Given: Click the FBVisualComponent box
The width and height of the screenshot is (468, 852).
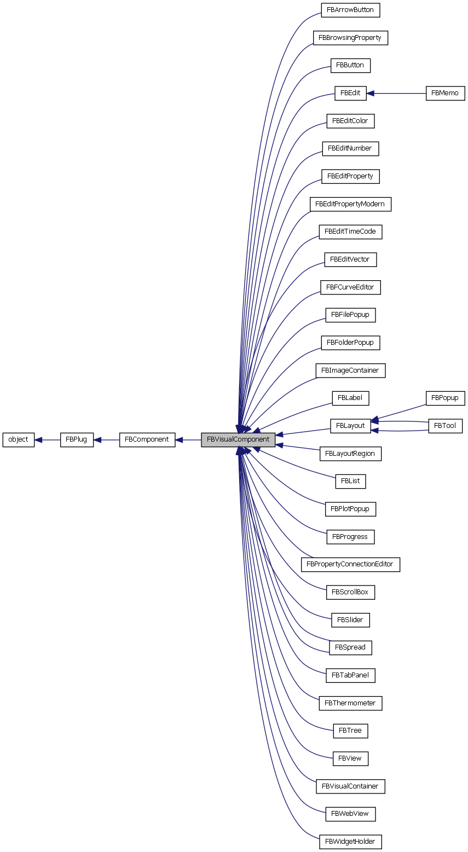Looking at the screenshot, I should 238,439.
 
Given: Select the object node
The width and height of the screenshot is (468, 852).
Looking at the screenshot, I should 19,439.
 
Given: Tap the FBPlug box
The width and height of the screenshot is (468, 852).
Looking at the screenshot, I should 77,439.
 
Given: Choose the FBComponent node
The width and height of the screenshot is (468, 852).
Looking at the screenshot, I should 147,439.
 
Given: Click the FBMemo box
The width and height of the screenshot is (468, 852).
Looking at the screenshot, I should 445,93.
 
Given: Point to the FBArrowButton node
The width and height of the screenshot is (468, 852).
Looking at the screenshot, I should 350,10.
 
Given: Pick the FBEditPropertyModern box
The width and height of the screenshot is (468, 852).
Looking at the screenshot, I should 350,204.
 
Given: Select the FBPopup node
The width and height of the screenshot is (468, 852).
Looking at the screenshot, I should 445,398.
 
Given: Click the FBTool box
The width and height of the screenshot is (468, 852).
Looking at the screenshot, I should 445,426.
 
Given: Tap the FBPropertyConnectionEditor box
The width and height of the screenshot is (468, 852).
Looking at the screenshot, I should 350,564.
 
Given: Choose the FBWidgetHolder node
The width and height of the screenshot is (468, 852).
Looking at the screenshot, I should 350,841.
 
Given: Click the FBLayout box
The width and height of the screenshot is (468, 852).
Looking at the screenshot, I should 350,426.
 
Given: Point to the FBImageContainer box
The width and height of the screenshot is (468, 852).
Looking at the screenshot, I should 350,370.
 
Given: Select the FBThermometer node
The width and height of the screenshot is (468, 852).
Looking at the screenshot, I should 350,703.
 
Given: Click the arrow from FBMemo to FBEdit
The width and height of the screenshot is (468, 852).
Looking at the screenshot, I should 396,93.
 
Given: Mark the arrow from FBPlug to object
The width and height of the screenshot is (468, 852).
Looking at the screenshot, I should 47,439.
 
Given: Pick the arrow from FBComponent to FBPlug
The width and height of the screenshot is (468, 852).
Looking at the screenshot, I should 107,439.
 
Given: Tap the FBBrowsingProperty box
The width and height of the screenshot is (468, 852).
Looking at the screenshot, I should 350,38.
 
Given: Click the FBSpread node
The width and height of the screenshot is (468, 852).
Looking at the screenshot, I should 350,647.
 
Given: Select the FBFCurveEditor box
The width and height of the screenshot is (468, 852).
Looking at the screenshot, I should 350,287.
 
